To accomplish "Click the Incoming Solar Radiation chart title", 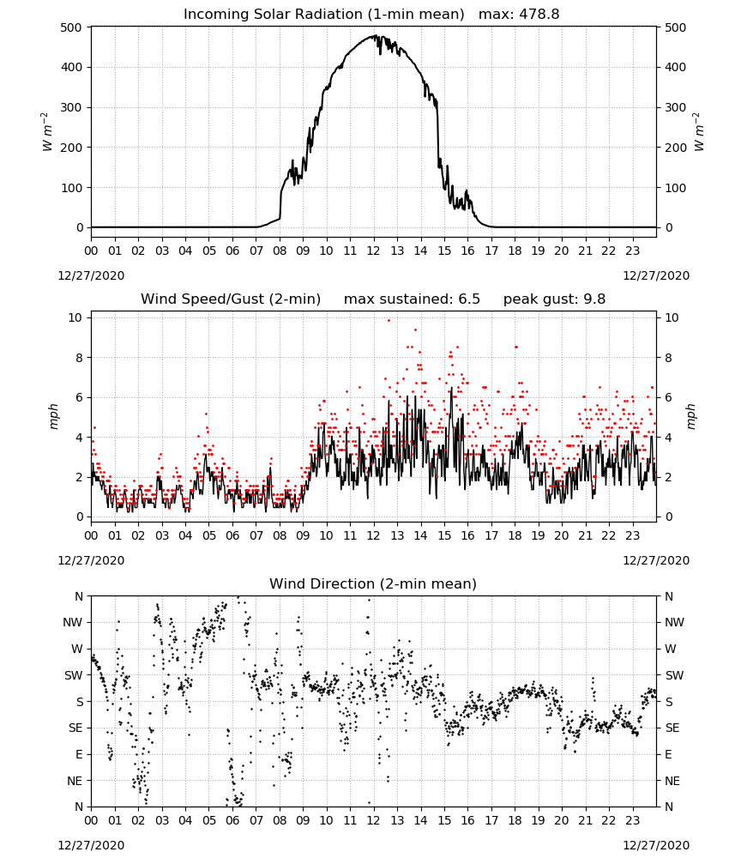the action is (323, 14).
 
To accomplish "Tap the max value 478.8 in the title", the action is (539, 14).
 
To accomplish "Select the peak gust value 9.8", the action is (593, 299).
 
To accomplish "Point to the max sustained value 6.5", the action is (468, 299).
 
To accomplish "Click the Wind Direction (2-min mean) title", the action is (373, 583).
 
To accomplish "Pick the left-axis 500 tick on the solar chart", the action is (71, 27).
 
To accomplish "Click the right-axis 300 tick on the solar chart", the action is (676, 107).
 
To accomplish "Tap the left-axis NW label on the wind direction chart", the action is (73, 622).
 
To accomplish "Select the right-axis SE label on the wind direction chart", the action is (672, 728).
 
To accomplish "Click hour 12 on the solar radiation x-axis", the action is (373, 251).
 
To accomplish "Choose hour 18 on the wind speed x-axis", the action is (515, 535).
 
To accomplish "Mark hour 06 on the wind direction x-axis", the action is (232, 821).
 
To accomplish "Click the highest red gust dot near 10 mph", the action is (389, 321).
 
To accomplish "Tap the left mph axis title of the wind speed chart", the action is (53, 416).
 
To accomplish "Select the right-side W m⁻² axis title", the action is (699, 132).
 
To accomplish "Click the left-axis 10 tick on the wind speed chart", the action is (75, 317).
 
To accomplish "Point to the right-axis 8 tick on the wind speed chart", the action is (668, 357).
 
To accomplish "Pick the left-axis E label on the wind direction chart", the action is (79, 754).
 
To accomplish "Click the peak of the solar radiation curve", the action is (375, 35).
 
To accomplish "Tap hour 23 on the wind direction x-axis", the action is (633, 821).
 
